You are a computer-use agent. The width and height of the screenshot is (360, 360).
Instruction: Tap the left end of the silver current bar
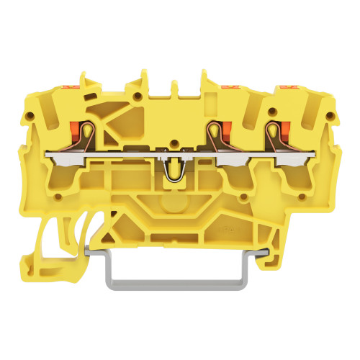point(50,153)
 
